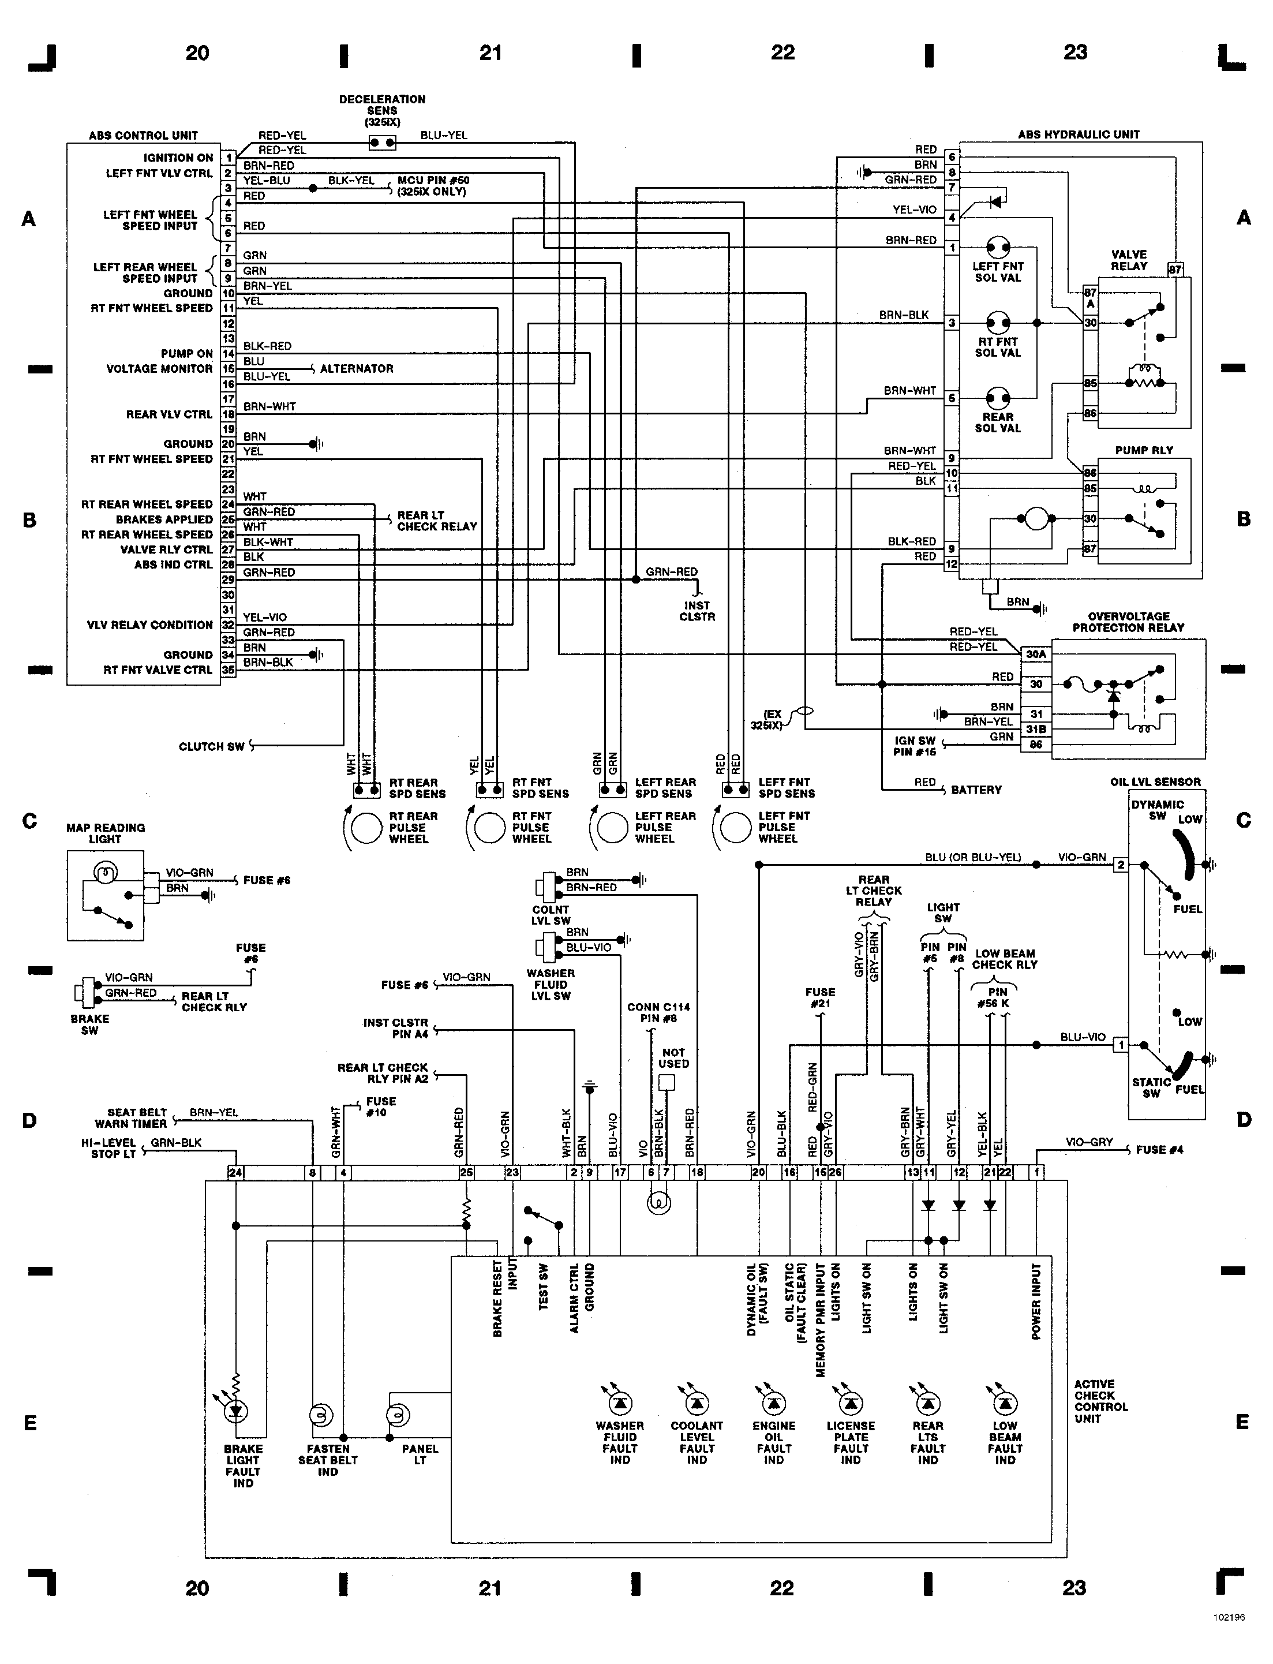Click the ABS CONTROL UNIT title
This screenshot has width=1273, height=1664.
tap(143, 136)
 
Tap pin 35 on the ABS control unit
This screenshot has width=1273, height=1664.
tap(228, 671)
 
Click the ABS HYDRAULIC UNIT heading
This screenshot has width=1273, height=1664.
tap(1079, 134)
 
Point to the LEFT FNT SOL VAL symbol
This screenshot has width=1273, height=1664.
tap(998, 247)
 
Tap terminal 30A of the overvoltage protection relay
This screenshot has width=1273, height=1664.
tap(1036, 654)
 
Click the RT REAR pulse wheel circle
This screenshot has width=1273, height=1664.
tap(366, 828)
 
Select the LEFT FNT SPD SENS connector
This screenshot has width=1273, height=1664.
tap(736, 790)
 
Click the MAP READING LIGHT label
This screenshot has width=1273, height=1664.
tap(106, 833)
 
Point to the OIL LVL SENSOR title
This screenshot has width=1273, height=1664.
tap(1155, 782)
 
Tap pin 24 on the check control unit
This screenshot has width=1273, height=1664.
tap(235, 1173)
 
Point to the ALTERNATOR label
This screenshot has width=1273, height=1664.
tap(356, 369)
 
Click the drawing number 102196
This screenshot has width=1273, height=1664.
tap(1229, 1638)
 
